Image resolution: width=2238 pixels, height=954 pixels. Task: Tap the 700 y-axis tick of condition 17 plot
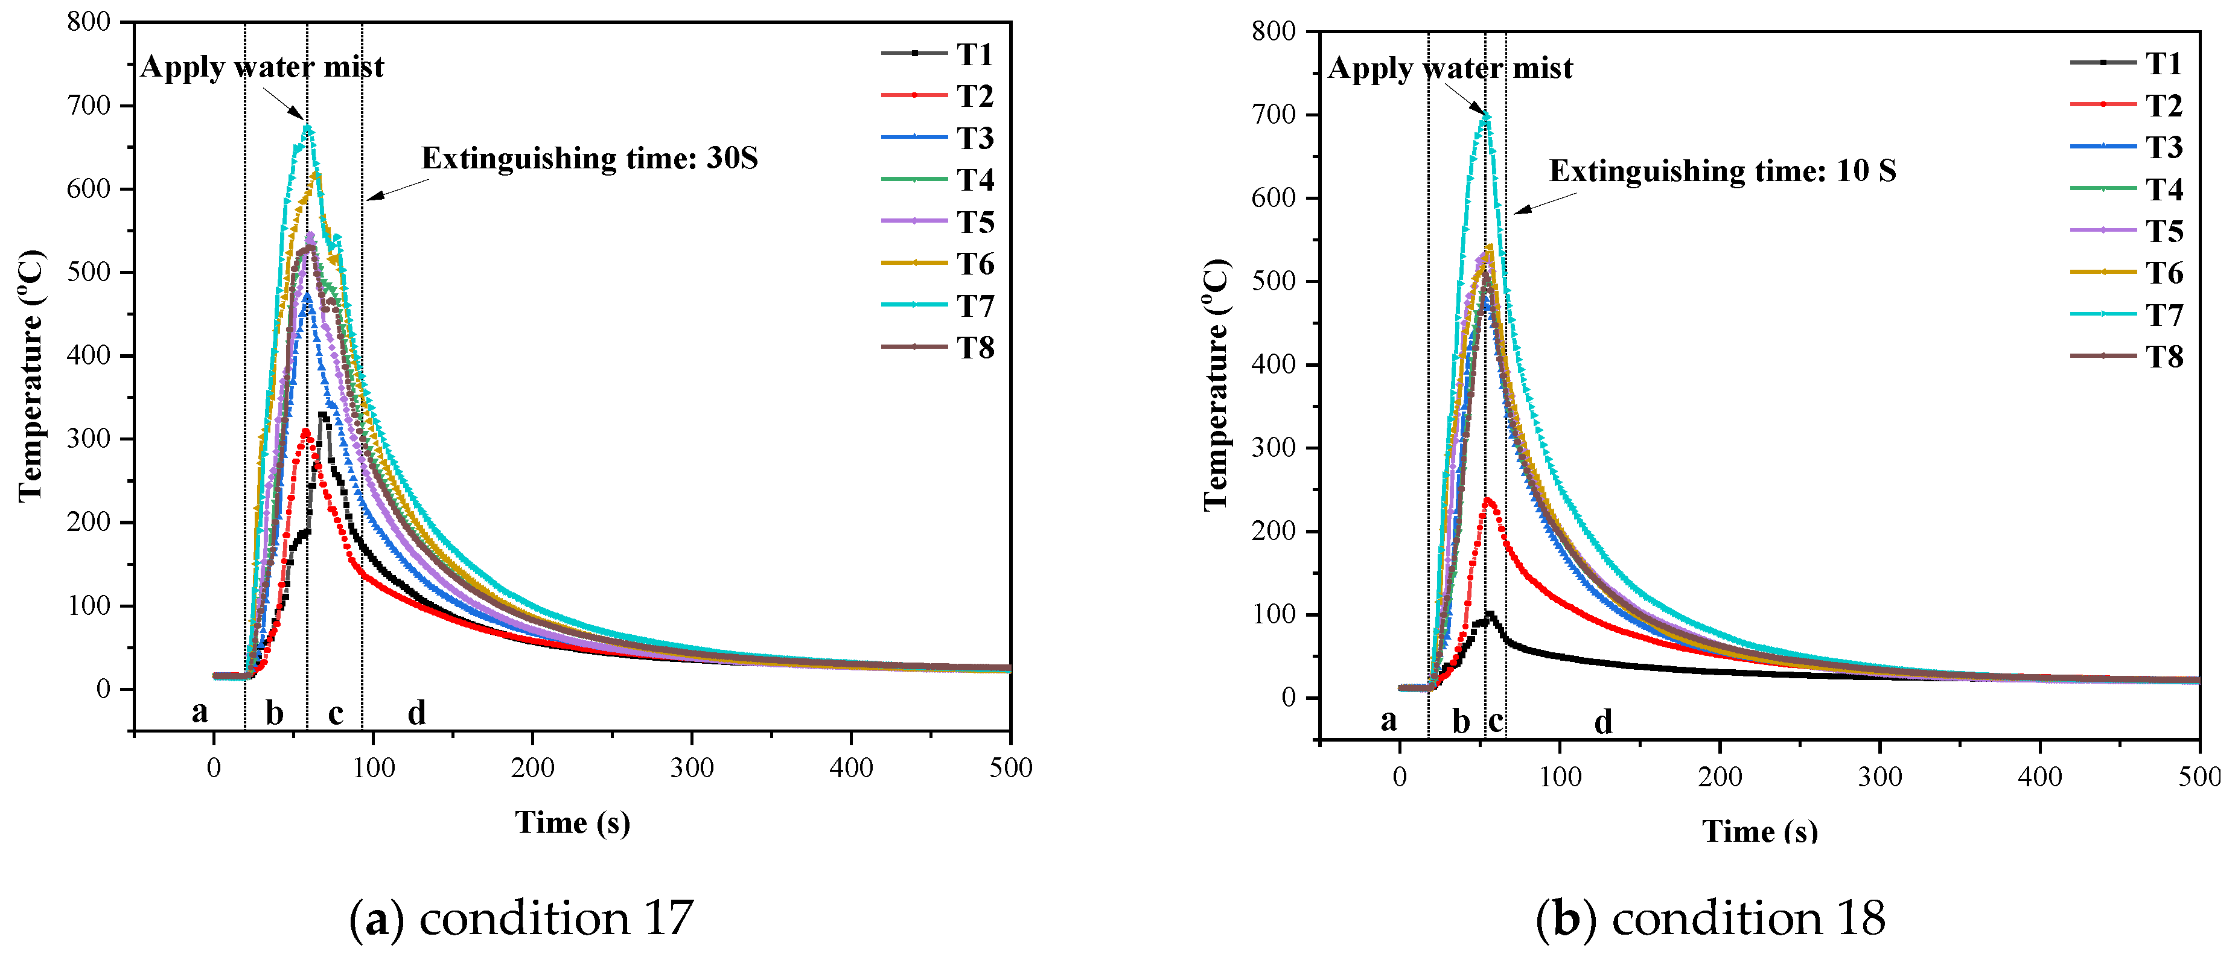[89, 106]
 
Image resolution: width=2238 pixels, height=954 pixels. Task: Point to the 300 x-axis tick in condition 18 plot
[1880, 776]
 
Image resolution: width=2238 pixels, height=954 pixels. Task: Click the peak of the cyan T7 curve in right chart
[1487, 115]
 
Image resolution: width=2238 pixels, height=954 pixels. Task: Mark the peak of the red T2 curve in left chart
[305, 431]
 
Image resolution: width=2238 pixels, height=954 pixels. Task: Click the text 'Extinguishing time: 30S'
[589, 158]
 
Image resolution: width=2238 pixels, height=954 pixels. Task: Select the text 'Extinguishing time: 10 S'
[1722, 170]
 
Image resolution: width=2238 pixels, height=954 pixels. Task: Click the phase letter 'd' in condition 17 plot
[417, 713]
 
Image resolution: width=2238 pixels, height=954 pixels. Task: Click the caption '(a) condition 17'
[521, 918]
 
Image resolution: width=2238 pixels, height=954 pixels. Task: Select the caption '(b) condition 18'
[1710, 918]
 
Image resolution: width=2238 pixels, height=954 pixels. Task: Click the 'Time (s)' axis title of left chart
[573, 821]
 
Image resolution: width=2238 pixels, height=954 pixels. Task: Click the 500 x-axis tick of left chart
[1010, 767]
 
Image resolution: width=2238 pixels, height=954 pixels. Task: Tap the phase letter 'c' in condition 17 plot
[336, 713]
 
